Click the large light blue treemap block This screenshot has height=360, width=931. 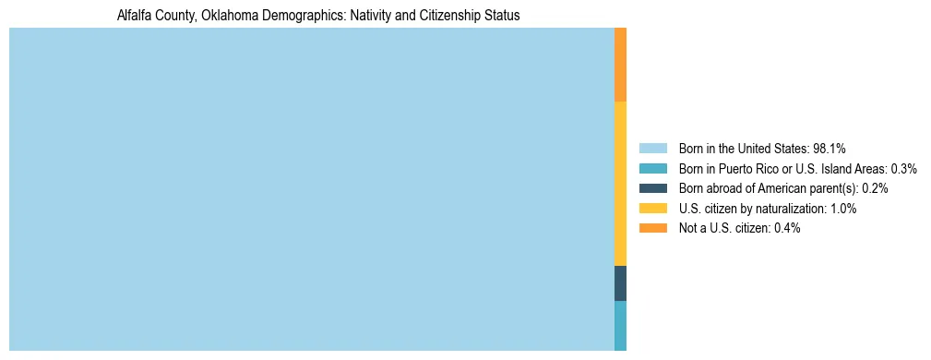[x=311, y=189]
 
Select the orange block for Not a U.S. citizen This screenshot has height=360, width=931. [x=620, y=65]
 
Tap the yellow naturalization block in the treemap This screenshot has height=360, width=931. [x=620, y=183]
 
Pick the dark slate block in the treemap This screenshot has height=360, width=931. [x=620, y=282]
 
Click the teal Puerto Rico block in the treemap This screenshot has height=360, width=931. [x=620, y=325]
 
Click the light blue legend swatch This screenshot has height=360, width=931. [x=652, y=148]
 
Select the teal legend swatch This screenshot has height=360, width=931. [x=652, y=168]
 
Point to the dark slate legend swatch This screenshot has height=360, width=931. [x=652, y=188]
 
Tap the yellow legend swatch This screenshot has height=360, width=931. [x=652, y=209]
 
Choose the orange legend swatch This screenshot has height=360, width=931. [x=652, y=228]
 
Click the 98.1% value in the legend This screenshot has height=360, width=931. [x=829, y=148]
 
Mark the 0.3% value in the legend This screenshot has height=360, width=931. [x=903, y=168]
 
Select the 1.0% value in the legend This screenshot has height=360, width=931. [x=841, y=209]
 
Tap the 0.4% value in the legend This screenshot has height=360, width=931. [x=787, y=228]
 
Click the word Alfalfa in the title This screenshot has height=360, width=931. [x=135, y=16]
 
